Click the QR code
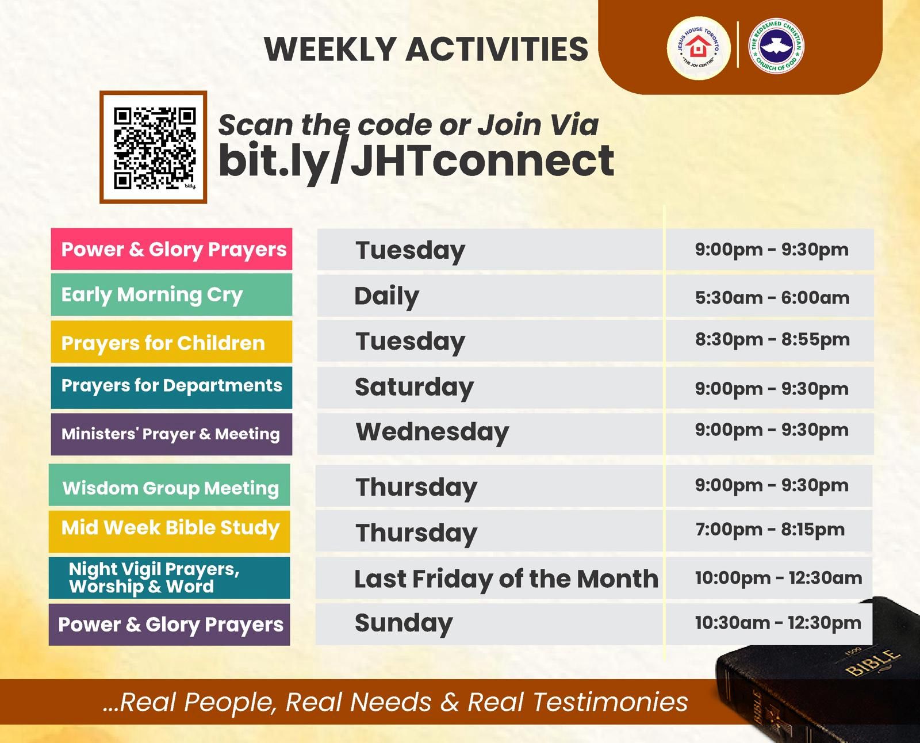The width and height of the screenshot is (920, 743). click(x=154, y=147)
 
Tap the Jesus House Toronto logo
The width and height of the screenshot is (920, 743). click(x=698, y=48)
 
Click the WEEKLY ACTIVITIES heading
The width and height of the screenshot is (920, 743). click(x=426, y=49)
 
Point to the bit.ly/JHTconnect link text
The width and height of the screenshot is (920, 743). click(x=416, y=160)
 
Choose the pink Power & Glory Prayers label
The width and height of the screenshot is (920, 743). click(x=171, y=249)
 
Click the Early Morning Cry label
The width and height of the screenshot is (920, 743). click(x=171, y=294)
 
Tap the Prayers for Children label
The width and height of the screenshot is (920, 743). click(x=171, y=342)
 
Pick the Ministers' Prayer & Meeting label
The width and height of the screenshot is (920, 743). click(x=171, y=434)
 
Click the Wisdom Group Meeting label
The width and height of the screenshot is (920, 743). click(x=170, y=487)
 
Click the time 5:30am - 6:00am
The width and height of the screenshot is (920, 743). click(x=772, y=297)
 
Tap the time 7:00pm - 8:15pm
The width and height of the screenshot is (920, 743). click(x=769, y=530)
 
